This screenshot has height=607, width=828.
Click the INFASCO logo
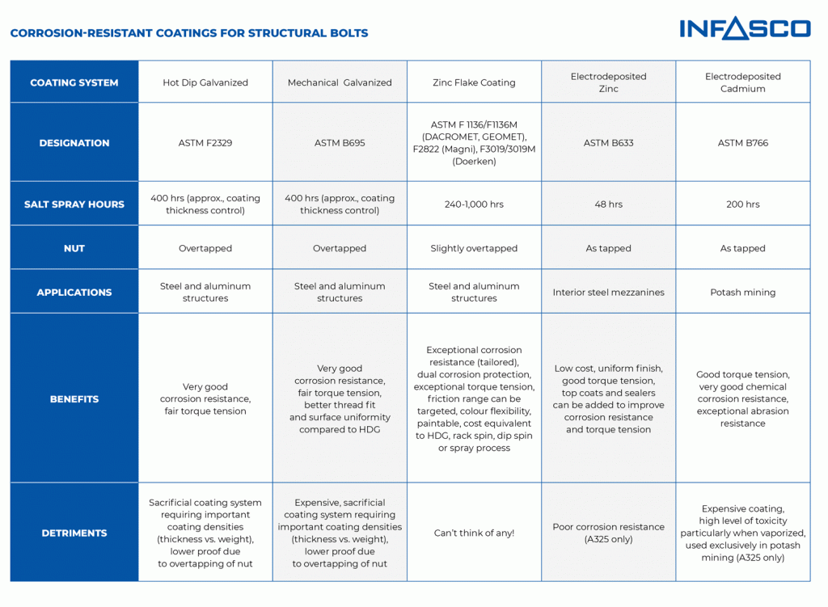pyautogui.click(x=745, y=28)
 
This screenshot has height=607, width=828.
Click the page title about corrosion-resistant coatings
pyautogui.click(x=189, y=33)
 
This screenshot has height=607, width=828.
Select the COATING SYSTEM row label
pyautogui.click(x=74, y=82)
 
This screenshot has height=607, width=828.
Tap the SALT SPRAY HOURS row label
pyautogui.click(x=74, y=204)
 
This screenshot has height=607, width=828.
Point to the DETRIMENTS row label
pyautogui.click(x=74, y=533)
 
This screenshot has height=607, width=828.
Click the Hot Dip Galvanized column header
pyautogui.click(x=205, y=82)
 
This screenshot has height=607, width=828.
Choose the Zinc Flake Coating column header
pyautogui.click(x=474, y=82)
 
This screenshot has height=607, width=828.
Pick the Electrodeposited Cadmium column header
pyautogui.click(x=743, y=82)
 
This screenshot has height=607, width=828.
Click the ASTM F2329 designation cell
pyautogui.click(x=205, y=142)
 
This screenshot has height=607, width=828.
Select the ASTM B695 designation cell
pyautogui.click(x=340, y=142)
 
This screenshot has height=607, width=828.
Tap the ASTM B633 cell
pyautogui.click(x=608, y=142)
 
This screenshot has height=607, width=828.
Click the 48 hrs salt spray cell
pyautogui.click(x=608, y=204)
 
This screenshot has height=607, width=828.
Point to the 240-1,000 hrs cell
pyautogui.click(x=474, y=204)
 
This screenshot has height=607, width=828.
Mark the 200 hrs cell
pyautogui.click(x=743, y=204)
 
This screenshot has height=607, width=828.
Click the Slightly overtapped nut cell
pyautogui.click(x=474, y=248)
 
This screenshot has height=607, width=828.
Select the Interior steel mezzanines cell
pyautogui.click(x=608, y=292)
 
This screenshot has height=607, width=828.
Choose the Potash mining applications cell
pyautogui.click(x=743, y=292)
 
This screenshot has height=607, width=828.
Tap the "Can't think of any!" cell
pyautogui.click(x=474, y=533)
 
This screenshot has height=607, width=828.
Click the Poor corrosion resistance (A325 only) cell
pyautogui.click(x=608, y=533)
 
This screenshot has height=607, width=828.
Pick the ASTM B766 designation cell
pyautogui.click(x=743, y=142)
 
